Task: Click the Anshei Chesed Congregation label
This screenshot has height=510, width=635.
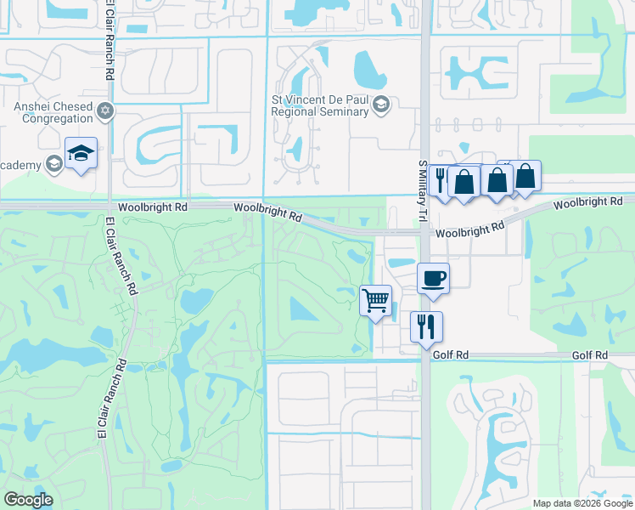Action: [x=48, y=113]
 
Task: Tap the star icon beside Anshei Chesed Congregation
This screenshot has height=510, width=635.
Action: [x=105, y=110]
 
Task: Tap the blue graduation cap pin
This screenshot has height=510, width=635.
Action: [x=81, y=154]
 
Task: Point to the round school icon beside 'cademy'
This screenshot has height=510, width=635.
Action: [x=54, y=162]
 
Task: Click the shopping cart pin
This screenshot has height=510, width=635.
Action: [x=375, y=301]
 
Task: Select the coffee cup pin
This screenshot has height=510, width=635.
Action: [x=433, y=279]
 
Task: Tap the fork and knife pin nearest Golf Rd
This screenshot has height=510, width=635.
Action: [x=425, y=326]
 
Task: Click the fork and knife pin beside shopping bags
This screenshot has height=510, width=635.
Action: [x=441, y=180]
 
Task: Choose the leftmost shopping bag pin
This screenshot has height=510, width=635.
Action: [x=464, y=182]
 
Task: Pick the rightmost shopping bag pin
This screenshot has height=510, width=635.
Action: [x=525, y=178]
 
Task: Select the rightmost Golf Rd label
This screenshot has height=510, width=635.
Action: [x=589, y=354]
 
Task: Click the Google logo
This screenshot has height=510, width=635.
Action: [x=29, y=499]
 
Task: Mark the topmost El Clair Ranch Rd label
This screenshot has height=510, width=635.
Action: [x=110, y=40]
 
